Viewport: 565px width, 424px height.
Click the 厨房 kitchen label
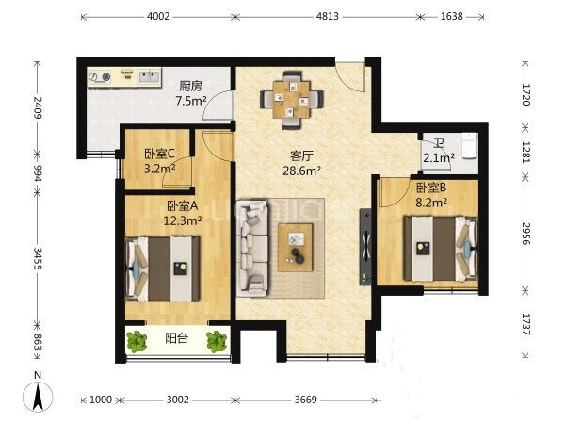191,86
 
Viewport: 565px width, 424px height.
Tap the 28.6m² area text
301,171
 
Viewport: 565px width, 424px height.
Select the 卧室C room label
159,154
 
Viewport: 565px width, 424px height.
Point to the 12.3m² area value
183,220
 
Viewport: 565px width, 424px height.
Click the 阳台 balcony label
177,338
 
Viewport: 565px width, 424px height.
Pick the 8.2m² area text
431,203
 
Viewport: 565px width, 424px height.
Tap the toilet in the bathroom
469,146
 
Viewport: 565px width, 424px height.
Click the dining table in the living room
292,100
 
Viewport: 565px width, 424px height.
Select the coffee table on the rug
296,247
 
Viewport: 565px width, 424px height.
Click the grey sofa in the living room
252,249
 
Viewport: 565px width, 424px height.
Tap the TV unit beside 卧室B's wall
365,247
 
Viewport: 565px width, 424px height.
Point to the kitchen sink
149,76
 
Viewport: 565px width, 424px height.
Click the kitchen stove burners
100,77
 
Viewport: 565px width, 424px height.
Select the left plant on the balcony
137,341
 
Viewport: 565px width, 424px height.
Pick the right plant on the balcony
217,341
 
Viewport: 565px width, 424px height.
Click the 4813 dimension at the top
328,16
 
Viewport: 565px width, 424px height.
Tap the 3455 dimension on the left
38,258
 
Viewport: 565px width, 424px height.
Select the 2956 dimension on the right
526,234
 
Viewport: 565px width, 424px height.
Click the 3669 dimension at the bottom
306,400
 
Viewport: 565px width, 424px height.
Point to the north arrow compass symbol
38,395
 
